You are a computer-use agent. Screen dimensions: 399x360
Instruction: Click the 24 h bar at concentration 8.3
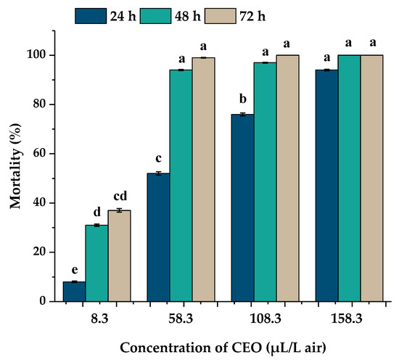point(74,292)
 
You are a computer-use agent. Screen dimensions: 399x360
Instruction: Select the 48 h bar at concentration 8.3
point(96,263)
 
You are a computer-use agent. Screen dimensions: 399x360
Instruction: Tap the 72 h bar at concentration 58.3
point(204,179)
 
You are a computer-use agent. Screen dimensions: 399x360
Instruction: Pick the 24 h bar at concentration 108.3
point(243,208)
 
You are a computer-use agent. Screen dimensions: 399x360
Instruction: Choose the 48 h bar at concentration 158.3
point(350,179)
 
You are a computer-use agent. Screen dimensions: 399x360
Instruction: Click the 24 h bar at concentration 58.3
point(159,237)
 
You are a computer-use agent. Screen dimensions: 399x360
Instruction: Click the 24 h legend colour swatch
point(91,16)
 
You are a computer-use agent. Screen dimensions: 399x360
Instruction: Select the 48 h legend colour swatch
point(155,16)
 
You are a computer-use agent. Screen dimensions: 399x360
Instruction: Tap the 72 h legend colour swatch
point(221,16)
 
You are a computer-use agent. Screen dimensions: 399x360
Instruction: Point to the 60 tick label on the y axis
point(39,154)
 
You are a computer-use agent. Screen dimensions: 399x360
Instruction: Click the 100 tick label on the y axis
point(36,55)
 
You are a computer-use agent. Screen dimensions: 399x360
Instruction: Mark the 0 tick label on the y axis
point(43,302)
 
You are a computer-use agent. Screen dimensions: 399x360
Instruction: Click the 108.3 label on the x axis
point(266,319)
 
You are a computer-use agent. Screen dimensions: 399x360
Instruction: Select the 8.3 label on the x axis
point(100,319)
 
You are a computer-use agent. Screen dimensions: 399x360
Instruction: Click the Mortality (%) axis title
point(15,166)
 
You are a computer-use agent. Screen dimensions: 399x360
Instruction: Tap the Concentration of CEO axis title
point(223,348)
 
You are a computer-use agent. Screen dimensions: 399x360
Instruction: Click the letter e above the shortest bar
point(74,270)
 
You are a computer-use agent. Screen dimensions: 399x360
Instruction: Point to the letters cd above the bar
point(120,196)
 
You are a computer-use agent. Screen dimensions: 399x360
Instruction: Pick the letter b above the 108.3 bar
point(243,99)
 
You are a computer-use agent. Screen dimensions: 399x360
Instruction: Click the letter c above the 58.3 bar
point(158,159)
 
